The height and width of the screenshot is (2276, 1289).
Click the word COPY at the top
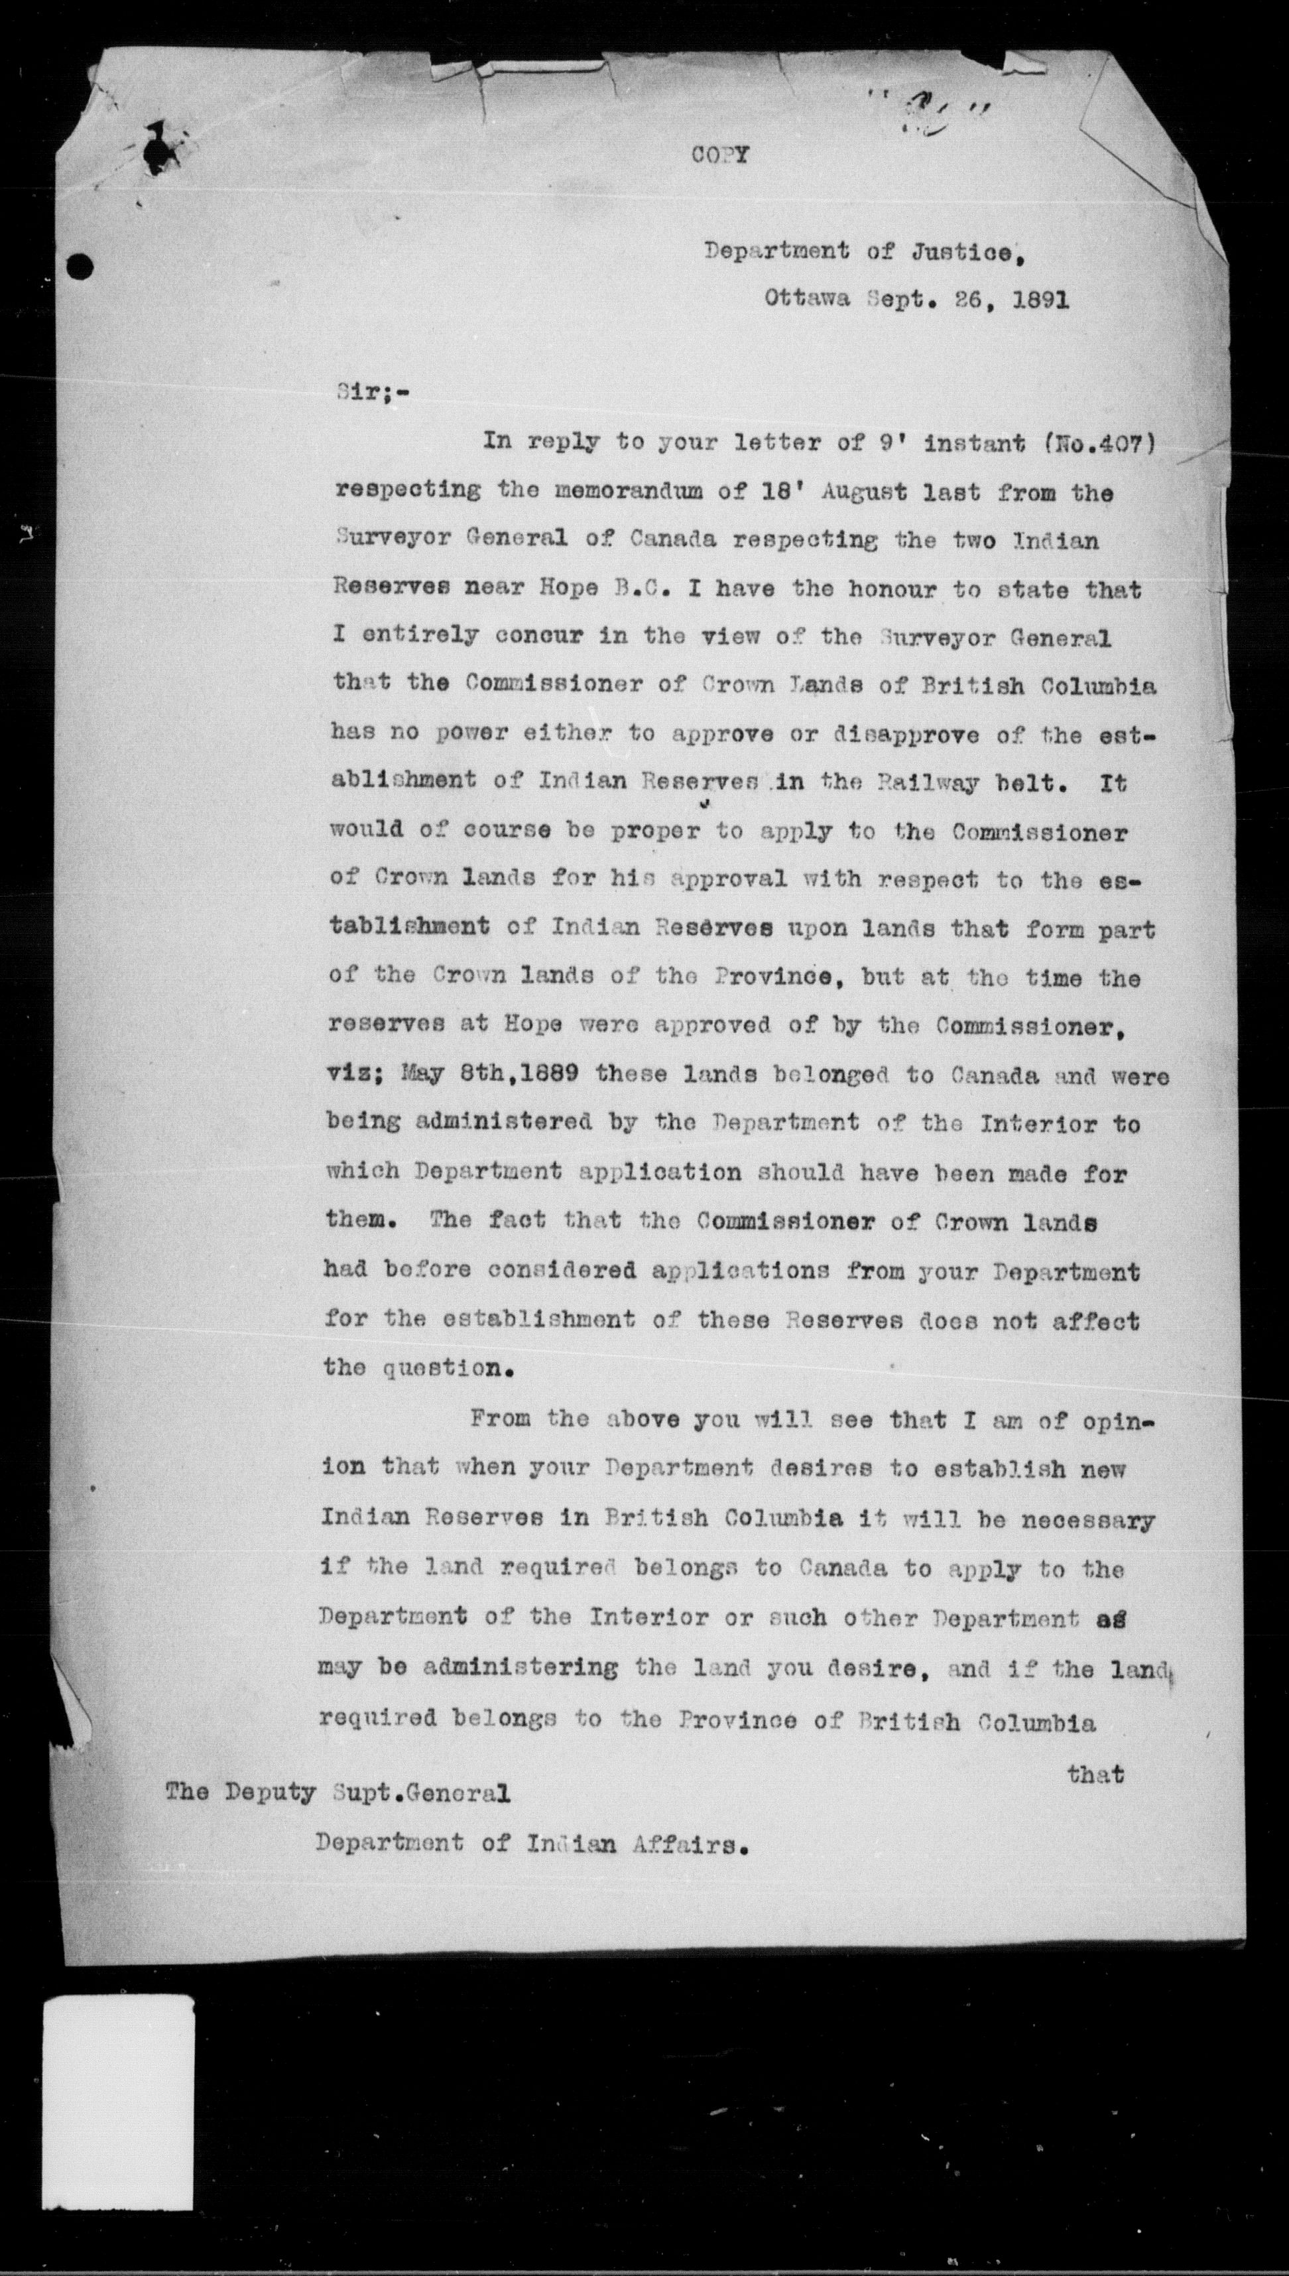(721, 156)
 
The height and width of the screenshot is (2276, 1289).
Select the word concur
(528, 637)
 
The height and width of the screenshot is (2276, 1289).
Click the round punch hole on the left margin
(82, 265)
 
